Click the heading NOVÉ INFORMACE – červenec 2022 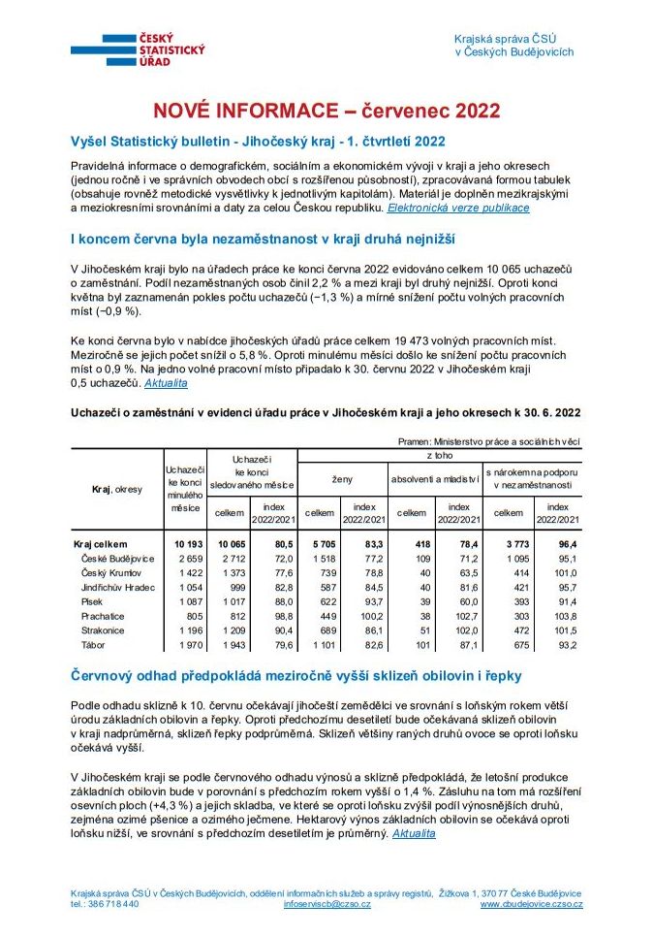[x=326, y=111]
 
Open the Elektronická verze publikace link [x=458, y=208]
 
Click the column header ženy [x=343, y=479]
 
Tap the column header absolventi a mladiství [x=436, y=479]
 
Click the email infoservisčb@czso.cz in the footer [x=326, y=904]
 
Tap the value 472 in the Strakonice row [x=514, y=630]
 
